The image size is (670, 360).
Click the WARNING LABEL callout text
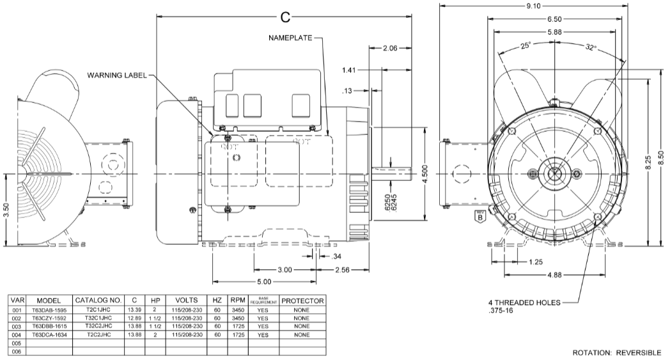click(x=116, y=75)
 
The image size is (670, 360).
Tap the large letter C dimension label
click(x=286, y=15)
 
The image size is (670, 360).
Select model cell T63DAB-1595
click(x=49, y=309)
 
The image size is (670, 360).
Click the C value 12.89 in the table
click(x=134, y=318)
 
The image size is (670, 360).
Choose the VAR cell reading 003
click(x=17, y=326)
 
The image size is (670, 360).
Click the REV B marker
click(x=479, y=215)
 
